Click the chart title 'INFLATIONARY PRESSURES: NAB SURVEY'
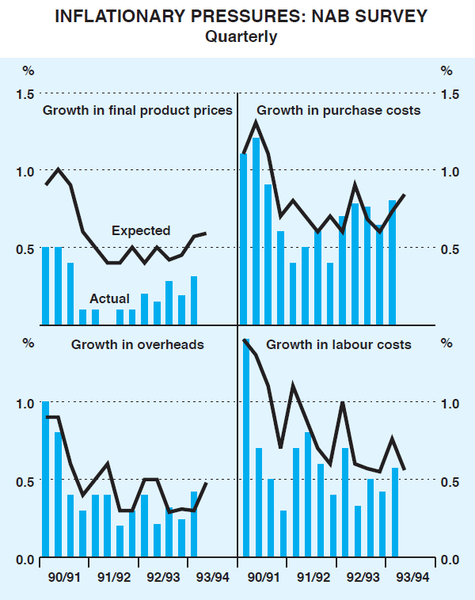pos(241,17)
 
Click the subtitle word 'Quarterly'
pos(241,36)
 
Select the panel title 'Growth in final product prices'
pos(137,110)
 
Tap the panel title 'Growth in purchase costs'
pos(339,110)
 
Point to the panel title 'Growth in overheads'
pos(138,344)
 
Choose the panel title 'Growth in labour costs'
pos(339,344)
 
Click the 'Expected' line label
pos(141,231)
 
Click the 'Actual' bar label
pos(109,298)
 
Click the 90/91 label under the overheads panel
pos(63,578)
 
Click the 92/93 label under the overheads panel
pos(163,578)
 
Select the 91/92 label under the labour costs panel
pos(314,578)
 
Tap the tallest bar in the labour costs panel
pos(246,452)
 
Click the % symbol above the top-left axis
pos(28,70)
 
